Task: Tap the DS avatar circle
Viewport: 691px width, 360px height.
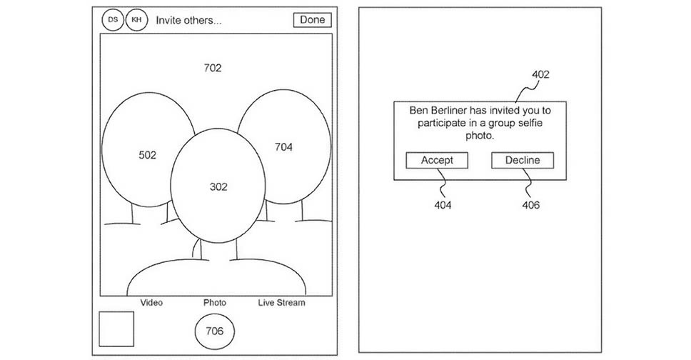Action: [112, 20]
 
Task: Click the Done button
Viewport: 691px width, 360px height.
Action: [312, 20]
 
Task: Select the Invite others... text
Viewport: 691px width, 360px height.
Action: [188, 21]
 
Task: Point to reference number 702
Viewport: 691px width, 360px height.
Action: [213, 69]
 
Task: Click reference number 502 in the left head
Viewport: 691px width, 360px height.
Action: [147, 155]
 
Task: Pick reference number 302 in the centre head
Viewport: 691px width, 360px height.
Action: [218, 187]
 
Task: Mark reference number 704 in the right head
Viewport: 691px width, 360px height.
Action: [283, 147]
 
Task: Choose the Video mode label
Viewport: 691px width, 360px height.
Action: [151, 303]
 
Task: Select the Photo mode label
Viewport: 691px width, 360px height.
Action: [215, 303]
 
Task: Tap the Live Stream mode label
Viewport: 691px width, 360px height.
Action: [281, 303]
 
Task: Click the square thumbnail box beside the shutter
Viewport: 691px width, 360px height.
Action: [116, 330]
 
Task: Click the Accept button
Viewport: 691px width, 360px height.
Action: [437, 161]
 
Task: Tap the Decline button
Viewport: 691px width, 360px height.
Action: [523, 161]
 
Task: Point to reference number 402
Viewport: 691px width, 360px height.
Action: [540, 74]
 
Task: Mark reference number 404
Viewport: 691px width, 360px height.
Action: [442, 206]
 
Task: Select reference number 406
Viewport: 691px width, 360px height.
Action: [530, 206]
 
